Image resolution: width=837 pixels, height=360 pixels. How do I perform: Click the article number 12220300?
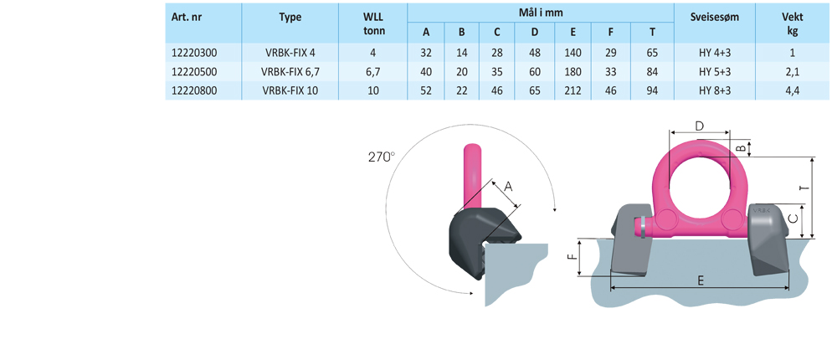(x=192, y=53)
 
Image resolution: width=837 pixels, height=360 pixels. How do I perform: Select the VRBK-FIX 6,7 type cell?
(x=290, y=71)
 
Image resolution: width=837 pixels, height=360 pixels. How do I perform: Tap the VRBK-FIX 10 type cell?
(x=290, y=90)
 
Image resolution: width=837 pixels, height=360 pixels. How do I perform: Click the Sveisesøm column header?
(x=714, y=17)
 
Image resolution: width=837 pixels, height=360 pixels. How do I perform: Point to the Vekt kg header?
(x=792, y=23)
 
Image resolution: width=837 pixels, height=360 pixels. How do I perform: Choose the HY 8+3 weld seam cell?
(x=714, y=90)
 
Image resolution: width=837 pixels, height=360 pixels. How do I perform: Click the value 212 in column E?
(x=573, y=90)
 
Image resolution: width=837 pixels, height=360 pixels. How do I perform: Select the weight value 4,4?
(x=792, y=90)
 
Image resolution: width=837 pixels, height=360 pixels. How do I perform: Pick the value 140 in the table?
(x=573, y=53)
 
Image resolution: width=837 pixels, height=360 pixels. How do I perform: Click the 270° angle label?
(x=381, y=156)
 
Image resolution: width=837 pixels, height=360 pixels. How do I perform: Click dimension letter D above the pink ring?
(x=699, y=126)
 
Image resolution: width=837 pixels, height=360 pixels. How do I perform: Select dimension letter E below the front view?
(x=699, y=282)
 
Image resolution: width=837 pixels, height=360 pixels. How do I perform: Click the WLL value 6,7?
(x=373, y=71)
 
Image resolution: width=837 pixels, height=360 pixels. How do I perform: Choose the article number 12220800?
(x=192, y=90)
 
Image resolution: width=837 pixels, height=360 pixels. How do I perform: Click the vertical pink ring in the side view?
(x=471, y=172)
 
